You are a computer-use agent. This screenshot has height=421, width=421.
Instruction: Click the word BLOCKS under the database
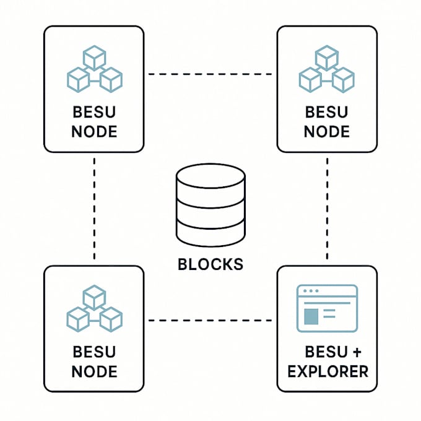point(210,264)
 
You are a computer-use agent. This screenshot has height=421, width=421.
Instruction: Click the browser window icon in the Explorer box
point(327,308)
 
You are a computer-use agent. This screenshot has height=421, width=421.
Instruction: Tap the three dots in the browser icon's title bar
point(308,291)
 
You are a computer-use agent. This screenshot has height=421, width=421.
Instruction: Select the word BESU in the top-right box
point(327,113)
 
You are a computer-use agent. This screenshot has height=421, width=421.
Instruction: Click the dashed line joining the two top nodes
point(210,74)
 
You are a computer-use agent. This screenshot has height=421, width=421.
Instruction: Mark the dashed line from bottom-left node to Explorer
point(210,320)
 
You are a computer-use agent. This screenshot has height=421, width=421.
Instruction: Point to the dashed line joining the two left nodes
point(94,207)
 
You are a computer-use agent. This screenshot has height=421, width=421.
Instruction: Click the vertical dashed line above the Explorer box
point(327,207)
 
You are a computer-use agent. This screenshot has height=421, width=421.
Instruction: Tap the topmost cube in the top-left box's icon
point(94,59)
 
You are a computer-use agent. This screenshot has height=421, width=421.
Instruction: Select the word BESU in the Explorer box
point(326,352)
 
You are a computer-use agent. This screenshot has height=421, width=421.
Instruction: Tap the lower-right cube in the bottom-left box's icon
point(111,318)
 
